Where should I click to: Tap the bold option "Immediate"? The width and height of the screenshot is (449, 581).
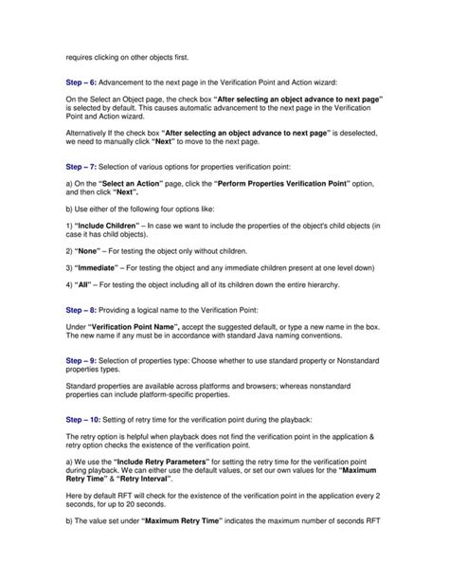click(x=103, y=270)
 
